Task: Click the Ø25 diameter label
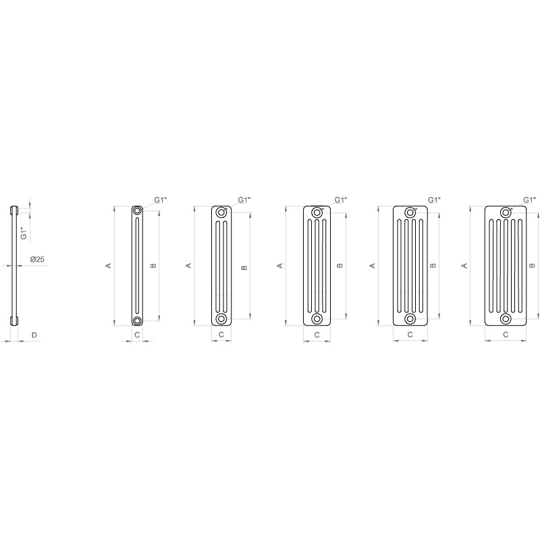point(37,259)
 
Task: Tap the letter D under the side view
point(34,335)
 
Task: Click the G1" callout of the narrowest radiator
point(161,200)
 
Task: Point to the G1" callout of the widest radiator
point(530,200)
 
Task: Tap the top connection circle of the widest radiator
point(506,213)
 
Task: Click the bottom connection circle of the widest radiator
point(506,319)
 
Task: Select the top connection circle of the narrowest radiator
point(137,211)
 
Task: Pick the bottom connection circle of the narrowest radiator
point(137,321)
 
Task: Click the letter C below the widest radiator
point(506,334)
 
